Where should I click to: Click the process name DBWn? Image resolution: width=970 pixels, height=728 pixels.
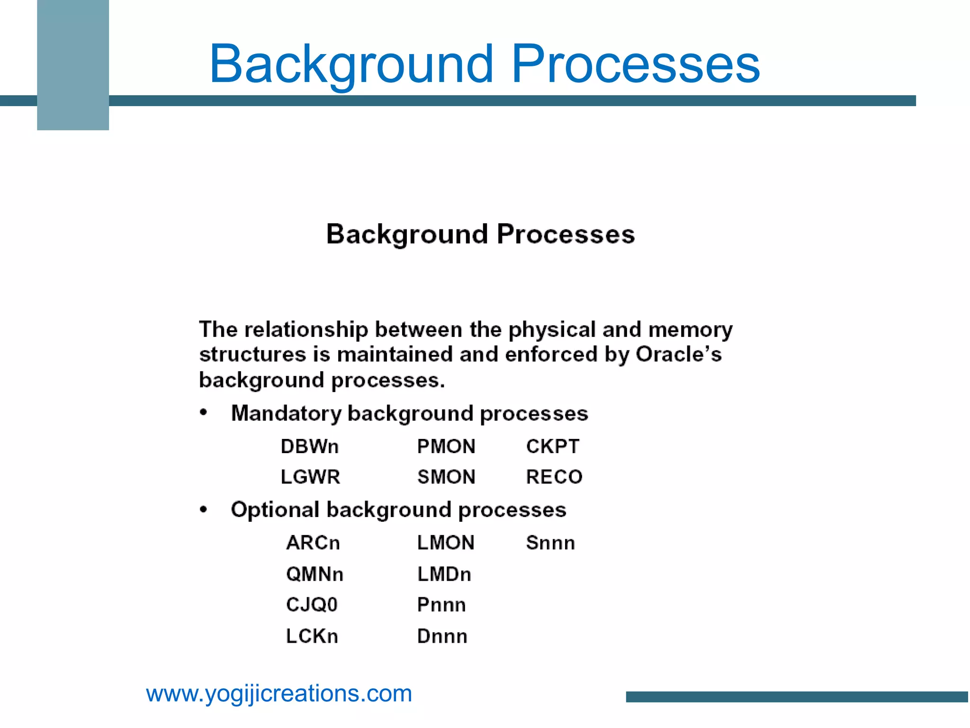click(309, 446)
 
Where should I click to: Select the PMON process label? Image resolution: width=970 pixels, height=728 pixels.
click(446, 446)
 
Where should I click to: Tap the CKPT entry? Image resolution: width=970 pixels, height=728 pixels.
click(552, 446)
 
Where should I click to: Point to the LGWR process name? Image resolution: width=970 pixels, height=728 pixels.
click(310, 477)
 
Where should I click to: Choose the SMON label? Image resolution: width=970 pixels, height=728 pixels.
click(446, 477)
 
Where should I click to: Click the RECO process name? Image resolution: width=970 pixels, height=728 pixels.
click(554, 477)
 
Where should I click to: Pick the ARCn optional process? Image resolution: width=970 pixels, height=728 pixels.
click(313, 543)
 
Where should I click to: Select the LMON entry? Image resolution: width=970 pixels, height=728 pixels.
click(445, 543)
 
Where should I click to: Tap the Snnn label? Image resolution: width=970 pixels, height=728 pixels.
click(550, 543)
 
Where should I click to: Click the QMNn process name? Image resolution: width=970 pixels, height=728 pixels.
click(314, 574)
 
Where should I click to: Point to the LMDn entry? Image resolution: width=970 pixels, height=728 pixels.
click(444, 574)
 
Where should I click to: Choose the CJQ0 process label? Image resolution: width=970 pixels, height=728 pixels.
click(312, 605)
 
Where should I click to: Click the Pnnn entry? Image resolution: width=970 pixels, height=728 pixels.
click(441, 605)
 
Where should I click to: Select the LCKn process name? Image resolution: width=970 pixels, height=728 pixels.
click(312, 636)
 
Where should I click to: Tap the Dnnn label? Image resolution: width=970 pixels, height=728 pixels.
click(442, 636)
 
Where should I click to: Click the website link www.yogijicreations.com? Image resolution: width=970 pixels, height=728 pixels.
click(279, 694)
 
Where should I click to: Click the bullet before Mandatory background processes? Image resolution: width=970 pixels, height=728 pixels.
click(203, 412)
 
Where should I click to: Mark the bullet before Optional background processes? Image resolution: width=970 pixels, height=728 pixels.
click(203, 510)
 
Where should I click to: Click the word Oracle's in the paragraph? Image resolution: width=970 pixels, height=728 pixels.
click(678, 355)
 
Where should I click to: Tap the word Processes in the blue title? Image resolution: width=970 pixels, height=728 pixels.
click(635, 64)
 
